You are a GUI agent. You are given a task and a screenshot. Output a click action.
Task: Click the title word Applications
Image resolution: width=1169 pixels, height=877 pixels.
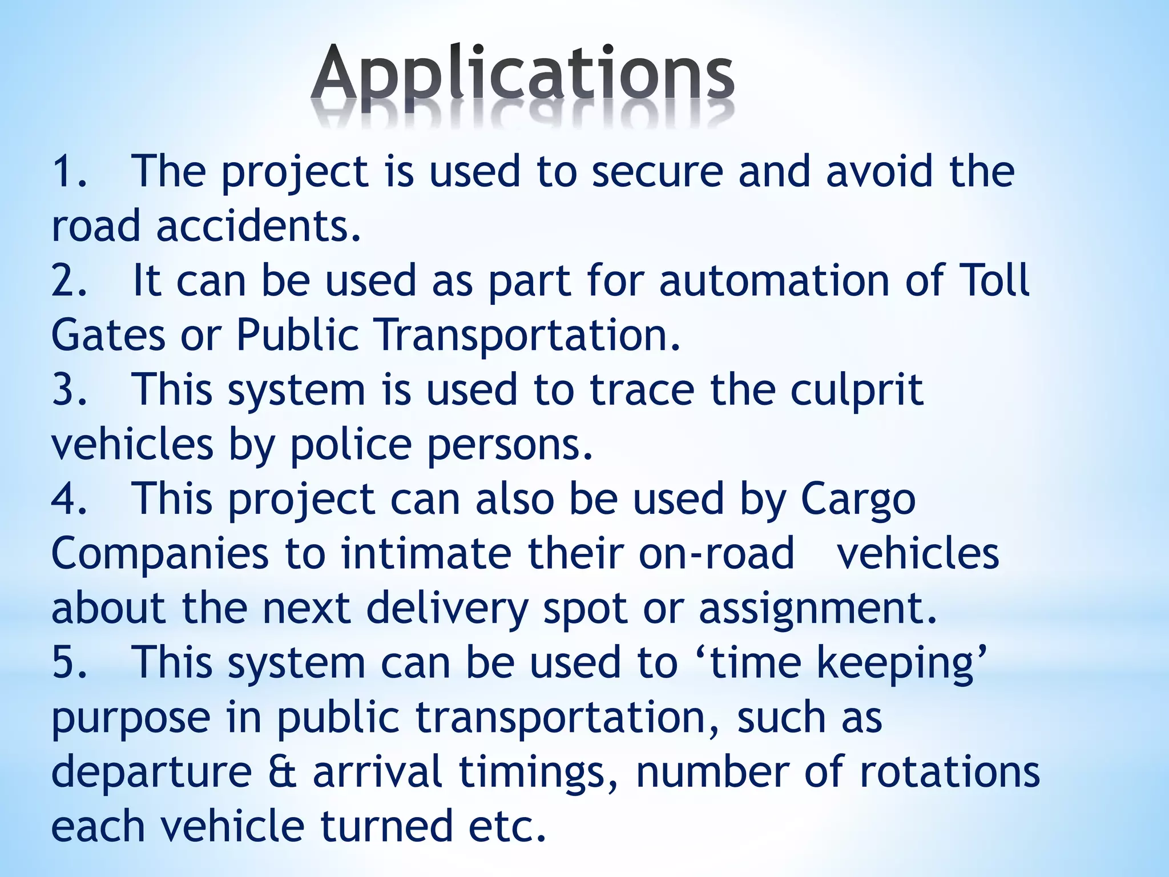tap(522, 77)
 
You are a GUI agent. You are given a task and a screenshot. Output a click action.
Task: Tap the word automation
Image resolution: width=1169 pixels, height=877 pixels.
tap(773, 281)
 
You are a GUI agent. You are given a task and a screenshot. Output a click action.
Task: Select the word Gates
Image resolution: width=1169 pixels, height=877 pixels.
tap(108, 335)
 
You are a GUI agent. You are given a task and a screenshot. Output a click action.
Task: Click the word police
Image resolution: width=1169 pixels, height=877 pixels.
tap(350, 445)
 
